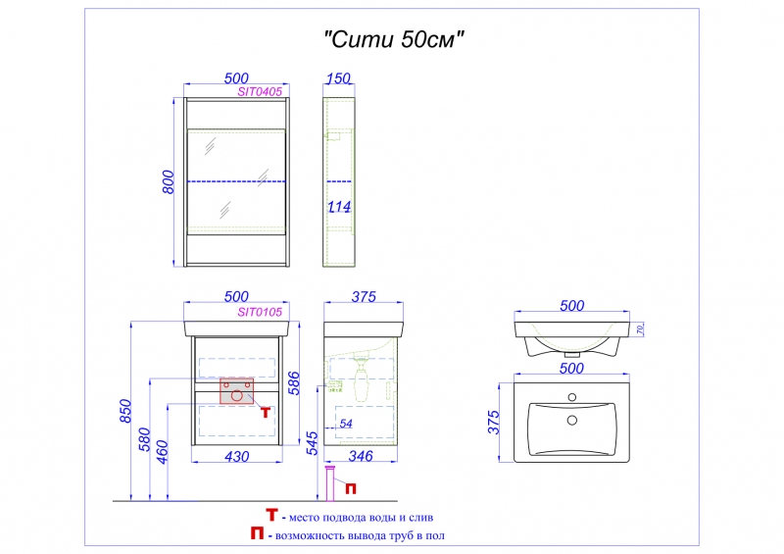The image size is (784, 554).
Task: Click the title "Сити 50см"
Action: tap(394, 39)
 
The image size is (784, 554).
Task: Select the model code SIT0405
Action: tap(260, 92)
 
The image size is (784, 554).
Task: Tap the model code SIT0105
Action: tap(260, 312)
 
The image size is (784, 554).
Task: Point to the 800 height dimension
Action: tap(168, 182)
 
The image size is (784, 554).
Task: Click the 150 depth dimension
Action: tap(338, 78)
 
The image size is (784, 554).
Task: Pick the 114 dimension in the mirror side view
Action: tap(339, 206)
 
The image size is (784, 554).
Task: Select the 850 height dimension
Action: tap(125, 411)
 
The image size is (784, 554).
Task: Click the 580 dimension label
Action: tap(144, 439)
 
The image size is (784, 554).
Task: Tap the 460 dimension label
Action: tap(162, 452)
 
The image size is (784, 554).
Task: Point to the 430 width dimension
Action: tap(236, 456)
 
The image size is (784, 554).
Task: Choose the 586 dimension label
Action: tap(294, 383)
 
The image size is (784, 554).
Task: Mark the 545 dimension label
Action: tap(311, 443)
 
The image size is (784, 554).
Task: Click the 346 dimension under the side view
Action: tap(360, 456)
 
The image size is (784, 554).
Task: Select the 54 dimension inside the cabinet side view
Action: tap(346, 424)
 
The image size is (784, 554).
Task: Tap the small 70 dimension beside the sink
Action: tap(641, 329)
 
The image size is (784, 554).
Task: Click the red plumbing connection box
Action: tap(236, 391)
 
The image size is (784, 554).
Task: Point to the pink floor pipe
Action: tap(330, 483)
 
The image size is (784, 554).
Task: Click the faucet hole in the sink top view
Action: tap(572, 398)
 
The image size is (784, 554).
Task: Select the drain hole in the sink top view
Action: tap(572, 421)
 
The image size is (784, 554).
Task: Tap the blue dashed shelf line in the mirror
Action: tap(236, 181)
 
